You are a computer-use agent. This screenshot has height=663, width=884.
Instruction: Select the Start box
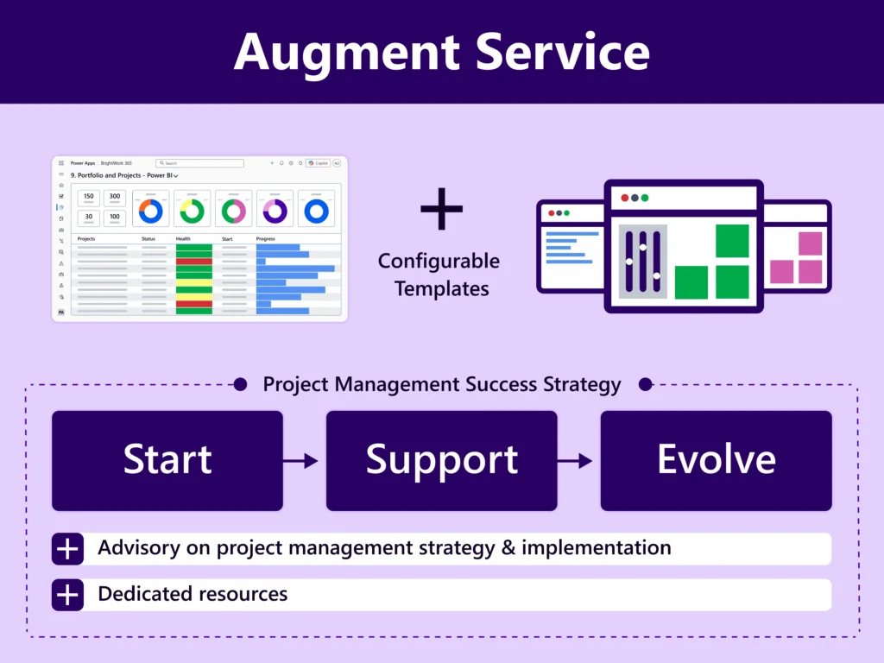coord(167,460)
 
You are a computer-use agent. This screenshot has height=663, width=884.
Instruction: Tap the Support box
coord(441,460)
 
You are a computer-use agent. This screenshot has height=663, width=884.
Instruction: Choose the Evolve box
coord(716,460)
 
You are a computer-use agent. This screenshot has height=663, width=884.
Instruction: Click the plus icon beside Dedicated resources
coord(67,595)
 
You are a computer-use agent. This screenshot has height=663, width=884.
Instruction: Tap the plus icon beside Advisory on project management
coord(67,548)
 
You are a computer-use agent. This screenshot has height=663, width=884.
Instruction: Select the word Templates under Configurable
coord(441,288)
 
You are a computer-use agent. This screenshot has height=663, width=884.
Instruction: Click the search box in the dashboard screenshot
coord(199,163)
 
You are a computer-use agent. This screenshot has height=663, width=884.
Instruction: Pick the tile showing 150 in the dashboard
coord(89,197)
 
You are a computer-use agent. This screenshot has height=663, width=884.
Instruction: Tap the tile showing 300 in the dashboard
coord(115,197)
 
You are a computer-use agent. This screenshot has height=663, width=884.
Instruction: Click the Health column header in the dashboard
coord(183,238)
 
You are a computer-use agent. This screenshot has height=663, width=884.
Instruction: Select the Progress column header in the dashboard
coord(266,238)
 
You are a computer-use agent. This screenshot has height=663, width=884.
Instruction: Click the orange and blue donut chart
coord(150,211)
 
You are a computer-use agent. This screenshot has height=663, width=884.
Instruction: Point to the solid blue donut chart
coord(316,211)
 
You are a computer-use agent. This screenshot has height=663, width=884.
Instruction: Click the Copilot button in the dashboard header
coord(318,163)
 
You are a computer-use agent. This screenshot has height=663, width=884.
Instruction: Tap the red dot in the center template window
coord(624,198)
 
